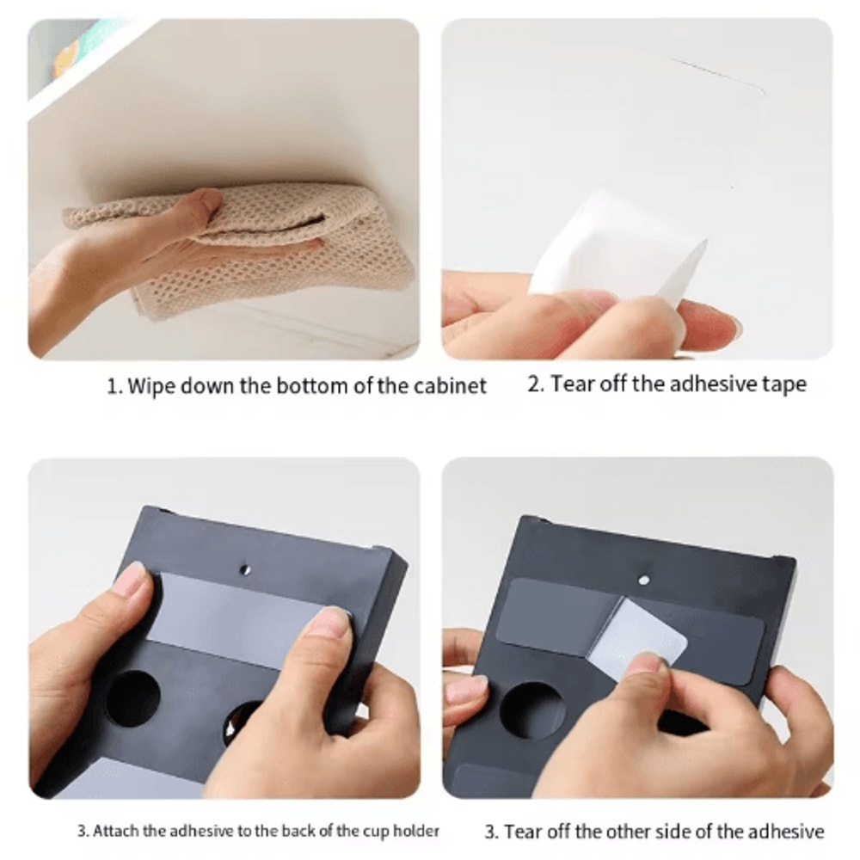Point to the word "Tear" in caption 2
coord(573,384)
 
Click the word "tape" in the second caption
coord(784,384)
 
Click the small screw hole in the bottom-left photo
coord(246,570)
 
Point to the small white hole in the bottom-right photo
coord(644,580)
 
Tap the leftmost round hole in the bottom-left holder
coord(132,698)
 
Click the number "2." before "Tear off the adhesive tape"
coord(536,384)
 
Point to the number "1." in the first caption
coord(114,387)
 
